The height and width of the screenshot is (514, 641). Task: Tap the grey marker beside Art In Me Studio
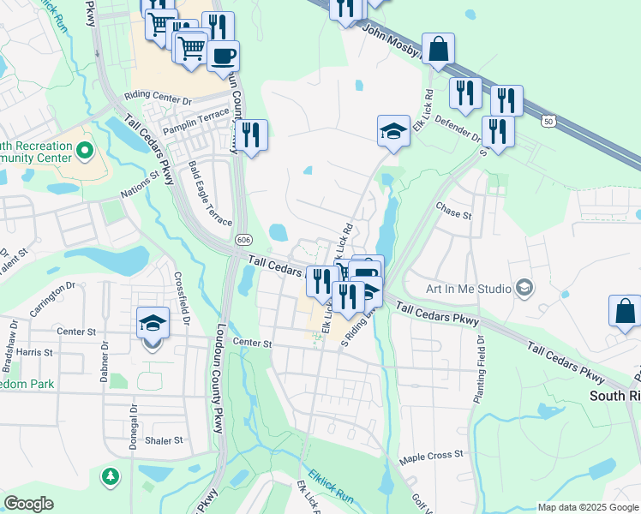click(x=522, y=288)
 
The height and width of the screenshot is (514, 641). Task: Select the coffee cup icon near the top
click(x=224, y=57)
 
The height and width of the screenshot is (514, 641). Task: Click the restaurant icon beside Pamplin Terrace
click(x=252, y=135)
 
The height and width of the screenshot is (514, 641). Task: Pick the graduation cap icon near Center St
click(x=152, y=324)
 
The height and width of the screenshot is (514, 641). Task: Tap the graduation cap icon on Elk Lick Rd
click(x=393, y=131)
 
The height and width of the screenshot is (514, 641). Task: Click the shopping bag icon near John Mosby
click(x=439, y=50)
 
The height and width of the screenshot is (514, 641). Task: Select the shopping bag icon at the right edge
click(x=625, y=311)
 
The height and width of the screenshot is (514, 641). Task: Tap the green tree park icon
click(x=110, y=475)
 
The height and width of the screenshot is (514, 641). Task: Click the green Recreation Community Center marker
click(x=84, y=152)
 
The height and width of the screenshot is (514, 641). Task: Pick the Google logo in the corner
click(x=29, y=504)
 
